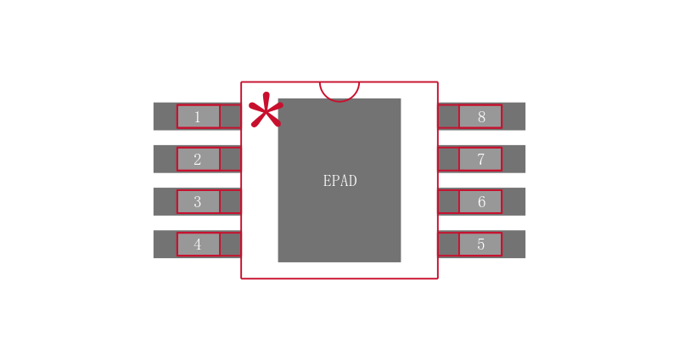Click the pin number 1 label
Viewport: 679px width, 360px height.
[x=198, y=117]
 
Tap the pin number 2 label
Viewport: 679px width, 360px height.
[x=198, y=160]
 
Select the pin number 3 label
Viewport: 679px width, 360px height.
[x=198, y=202]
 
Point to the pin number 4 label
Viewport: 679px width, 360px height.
[x=198, y=245]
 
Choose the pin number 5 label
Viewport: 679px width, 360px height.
[x=480, y=245]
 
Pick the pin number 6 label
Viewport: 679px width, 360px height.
[x=481, y=202]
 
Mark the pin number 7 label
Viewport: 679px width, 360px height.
[x=481, y=160]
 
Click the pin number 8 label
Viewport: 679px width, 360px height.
[x=481, y=117]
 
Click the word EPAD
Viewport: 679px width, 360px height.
[x=339, y=181]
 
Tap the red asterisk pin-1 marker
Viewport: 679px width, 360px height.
[x=265, y=111]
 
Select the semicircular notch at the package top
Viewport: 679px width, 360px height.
[x=339, y=90]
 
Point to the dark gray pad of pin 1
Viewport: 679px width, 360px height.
[x=165, y=116]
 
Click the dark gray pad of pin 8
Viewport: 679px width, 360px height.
[x=513, y=116]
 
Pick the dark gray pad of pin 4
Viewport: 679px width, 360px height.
[x=165, y=244]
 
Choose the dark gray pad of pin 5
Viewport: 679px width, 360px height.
[x=513, y=244]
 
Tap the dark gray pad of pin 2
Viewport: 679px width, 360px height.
[x=165, y=159]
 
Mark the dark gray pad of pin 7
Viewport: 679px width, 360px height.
[x=513, y=159]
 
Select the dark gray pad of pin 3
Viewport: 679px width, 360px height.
[x=165, y=201]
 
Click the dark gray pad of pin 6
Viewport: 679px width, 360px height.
[x=513, y=201]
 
